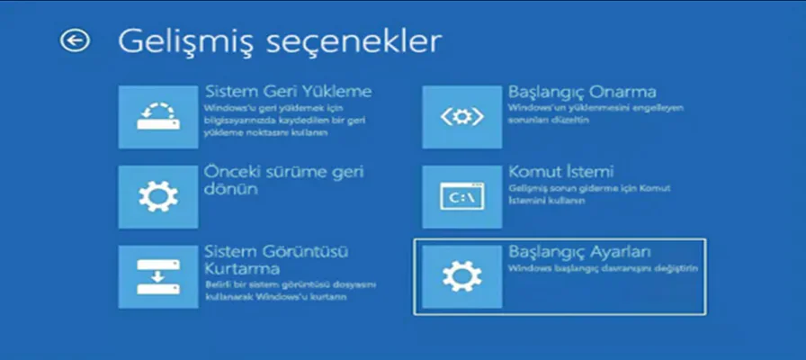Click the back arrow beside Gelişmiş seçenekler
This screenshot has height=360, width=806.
[x=75, y=40]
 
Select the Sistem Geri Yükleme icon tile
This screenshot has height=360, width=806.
[x=157, y=117]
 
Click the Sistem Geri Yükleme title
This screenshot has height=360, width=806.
[x=288, y=92]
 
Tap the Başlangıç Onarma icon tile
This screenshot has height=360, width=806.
[x=461, y=117]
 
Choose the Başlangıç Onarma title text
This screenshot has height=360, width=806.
[x=582, y=92]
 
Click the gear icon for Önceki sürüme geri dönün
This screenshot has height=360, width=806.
[x=157, y=196]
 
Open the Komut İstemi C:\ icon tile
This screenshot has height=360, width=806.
[x=461, y=196]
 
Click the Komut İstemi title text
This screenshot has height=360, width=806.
[x=560, y=171]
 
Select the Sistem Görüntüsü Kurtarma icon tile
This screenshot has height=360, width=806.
[x=157, y=275]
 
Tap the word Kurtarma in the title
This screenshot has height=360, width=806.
[x=241, y=268]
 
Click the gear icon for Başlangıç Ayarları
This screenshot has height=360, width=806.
[x=461, y=275]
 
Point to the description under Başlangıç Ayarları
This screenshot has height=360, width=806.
[x=602, y=268]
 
